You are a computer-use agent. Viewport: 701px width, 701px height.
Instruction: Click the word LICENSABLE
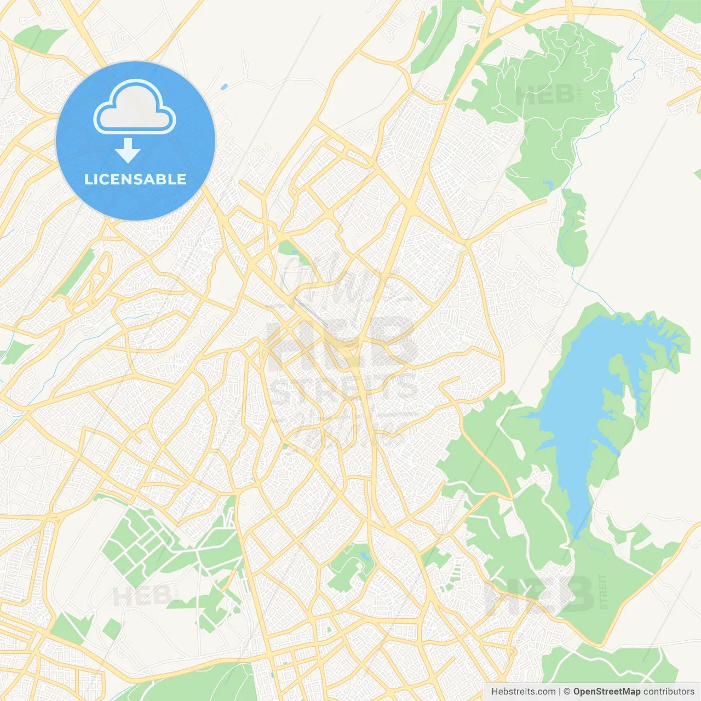pos(135,179)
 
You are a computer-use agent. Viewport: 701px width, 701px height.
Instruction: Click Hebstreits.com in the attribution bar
pos(523,692)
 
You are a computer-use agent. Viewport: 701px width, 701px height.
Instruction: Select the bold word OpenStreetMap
pos(607,692)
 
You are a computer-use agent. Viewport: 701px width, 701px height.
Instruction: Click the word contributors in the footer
pos(669,692)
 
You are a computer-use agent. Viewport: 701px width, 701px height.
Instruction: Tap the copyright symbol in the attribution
pos(567,692)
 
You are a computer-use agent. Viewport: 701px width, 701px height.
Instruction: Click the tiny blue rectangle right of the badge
pos(223,87)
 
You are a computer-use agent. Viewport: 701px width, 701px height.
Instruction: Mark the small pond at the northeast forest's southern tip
pos(547,184)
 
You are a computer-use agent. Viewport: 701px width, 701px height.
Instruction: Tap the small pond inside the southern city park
pos(364,558)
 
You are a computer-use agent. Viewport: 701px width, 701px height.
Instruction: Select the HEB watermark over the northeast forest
pos(545,95)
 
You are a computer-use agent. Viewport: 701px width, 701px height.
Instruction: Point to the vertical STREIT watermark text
pos(604,591)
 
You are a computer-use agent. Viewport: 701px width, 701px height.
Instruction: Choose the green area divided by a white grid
pos(137,542)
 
